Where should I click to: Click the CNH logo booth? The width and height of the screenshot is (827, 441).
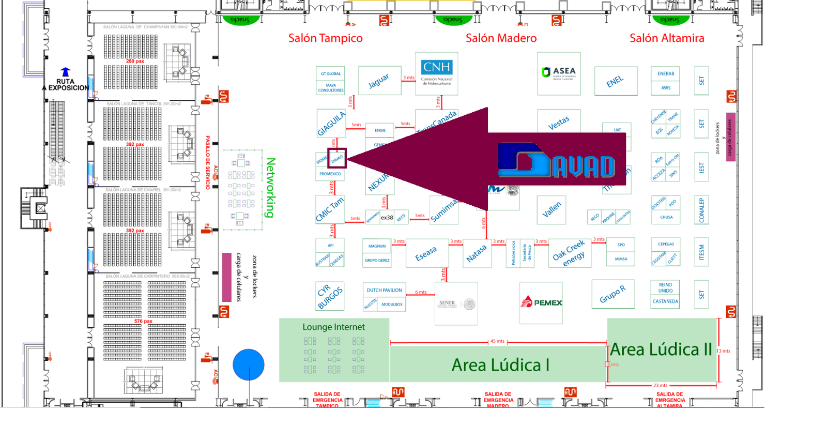(436, 73)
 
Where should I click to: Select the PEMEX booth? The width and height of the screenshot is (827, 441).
(541, 302)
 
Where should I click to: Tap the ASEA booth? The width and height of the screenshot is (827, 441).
(558, 73)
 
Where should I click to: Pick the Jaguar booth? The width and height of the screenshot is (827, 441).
(379, 81)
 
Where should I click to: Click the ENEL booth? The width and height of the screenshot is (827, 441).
(615, 81)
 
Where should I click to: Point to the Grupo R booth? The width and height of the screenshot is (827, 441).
(612, 294)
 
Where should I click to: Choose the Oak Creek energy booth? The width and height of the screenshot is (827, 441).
(569, 253)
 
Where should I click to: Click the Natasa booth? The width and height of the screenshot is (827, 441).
(477, 253)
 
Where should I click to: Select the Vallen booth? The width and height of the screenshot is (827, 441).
(552, 209)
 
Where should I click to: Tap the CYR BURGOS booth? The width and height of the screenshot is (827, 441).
(330, 296)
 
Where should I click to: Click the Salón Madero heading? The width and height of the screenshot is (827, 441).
(501, 38)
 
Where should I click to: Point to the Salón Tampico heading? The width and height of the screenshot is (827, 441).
(325, 38)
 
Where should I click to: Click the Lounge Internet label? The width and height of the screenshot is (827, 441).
(333, 327)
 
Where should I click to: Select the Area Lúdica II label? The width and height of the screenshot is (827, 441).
(661, 350)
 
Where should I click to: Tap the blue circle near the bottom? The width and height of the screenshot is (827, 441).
(249, 364)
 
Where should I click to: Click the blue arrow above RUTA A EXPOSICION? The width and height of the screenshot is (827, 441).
(65, 72)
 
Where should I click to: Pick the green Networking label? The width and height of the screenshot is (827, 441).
(270, 187)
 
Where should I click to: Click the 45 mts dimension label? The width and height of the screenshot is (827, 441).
(497, 341)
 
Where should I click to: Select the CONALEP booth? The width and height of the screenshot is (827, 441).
(701, 210)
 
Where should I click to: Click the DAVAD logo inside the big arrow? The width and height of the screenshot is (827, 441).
(557, 162)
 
